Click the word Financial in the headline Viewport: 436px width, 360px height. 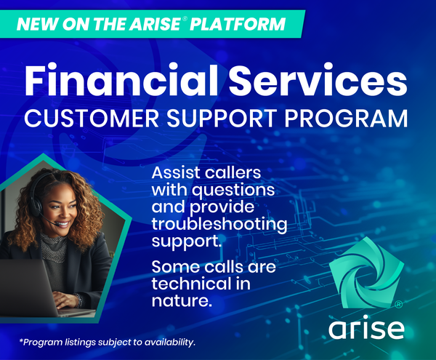click(x=121, y=79)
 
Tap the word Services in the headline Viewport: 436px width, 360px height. click(x=318, y=79)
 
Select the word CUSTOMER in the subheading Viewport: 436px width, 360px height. click(x=92, y=119)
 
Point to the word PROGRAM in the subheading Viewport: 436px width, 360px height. click(x=346, y=119)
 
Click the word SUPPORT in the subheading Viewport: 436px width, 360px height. click(x=222, y=119)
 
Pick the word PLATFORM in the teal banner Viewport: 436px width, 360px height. click(x=238, y=24)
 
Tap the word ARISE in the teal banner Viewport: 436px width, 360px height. click(x=156, y=24)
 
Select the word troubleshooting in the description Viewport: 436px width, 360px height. click(x=219, y=225)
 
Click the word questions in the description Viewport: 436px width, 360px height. click(x=233, y=191)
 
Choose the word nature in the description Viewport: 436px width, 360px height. click(x=180, y=301)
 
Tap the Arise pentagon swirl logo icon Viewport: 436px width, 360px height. click(x=366, y=273)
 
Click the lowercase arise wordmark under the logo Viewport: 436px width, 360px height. click(x=366, y=327)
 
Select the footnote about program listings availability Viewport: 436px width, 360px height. click(x=108, y=342)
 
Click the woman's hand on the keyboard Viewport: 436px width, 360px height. click(x=68, y=300)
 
